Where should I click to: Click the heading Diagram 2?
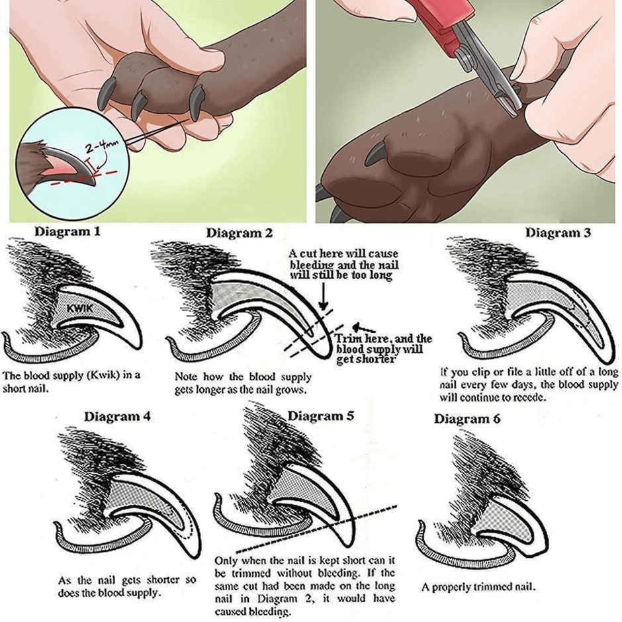(x=239, y=233)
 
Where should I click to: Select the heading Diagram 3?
(x=558, y=232)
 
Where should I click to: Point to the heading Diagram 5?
(x=320, y=416)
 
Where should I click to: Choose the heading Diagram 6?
(x=467, y=419)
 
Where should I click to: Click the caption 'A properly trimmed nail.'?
(x=478, y=587)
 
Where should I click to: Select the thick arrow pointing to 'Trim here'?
(x=363, y=326)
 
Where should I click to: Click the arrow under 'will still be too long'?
(x=323, y=294)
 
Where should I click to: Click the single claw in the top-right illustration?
(x=376, y=155)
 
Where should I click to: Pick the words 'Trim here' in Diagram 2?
(x=358, y=339)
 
